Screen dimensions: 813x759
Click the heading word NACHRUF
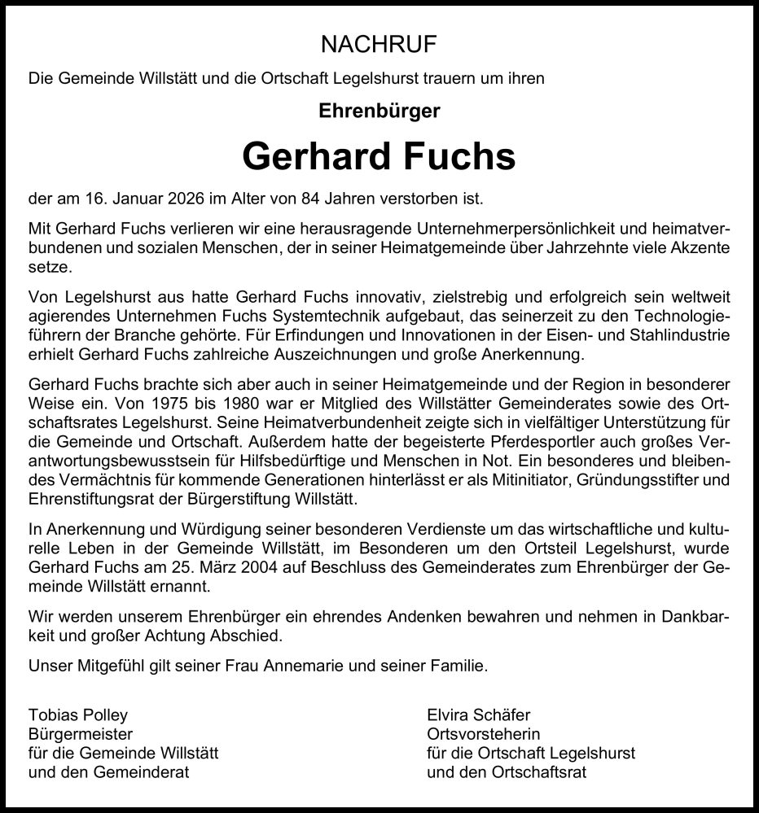[x=379, y=43]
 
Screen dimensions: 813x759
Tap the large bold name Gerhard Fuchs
[x=379, y=156]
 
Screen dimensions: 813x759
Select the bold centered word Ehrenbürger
[x=379, y=111]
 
